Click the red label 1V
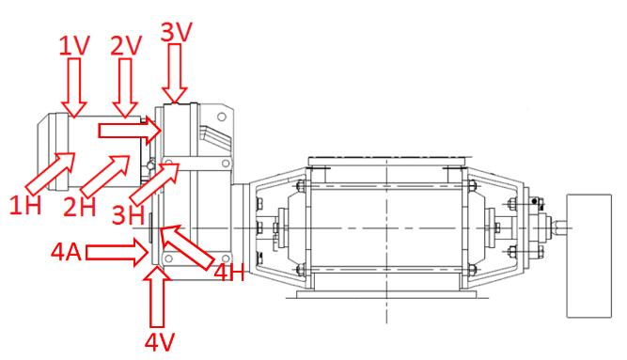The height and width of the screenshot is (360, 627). point(75,45)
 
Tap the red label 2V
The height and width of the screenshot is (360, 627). point(126,45)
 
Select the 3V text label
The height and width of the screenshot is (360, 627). point(177,32)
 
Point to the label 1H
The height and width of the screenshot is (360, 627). point(25,205)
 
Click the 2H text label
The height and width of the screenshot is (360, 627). point(80,207)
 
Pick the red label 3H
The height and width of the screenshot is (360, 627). point(128,215)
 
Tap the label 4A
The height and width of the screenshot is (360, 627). point(67,252)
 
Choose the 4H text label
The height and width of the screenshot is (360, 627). point(229,273)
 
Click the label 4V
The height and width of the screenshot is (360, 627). point(160,342)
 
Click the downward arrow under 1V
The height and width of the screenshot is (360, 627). point(74,87)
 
